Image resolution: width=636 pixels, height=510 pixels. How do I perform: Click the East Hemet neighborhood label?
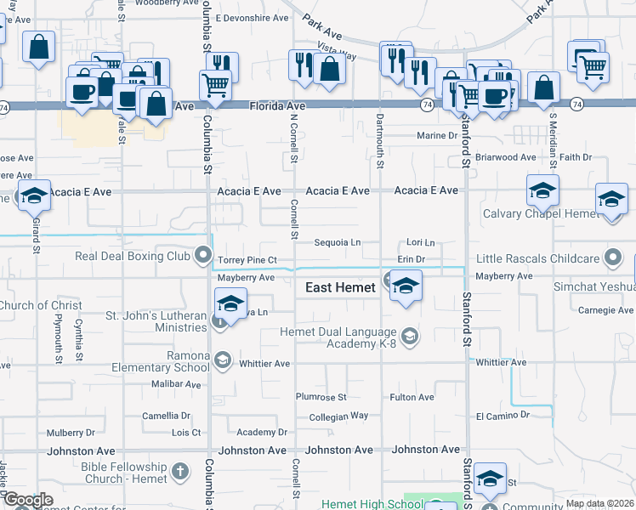point(340,288)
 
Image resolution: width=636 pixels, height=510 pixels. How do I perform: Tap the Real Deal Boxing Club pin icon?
point(203,254)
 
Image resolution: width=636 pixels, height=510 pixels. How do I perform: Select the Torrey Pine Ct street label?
point(247,259)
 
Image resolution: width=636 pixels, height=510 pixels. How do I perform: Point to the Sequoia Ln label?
point(338,242)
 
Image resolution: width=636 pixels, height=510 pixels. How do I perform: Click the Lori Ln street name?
point(420,242)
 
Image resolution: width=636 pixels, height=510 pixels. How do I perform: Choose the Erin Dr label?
point(411,259)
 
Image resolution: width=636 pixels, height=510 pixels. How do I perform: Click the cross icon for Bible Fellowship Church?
point(179,470)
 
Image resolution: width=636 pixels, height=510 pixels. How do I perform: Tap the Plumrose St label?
point(321,397)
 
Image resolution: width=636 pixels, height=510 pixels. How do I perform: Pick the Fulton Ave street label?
point(412,397)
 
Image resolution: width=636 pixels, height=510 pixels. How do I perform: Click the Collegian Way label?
point(338,416)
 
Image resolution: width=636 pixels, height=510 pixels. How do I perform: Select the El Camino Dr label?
point(503,416)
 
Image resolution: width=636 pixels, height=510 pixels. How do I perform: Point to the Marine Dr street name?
point(437,136)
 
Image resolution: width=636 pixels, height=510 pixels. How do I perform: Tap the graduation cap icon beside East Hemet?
point(406,286)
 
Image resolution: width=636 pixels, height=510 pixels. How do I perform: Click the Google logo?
point(28,500)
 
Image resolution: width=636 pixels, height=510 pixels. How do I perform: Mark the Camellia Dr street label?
point(166,416)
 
